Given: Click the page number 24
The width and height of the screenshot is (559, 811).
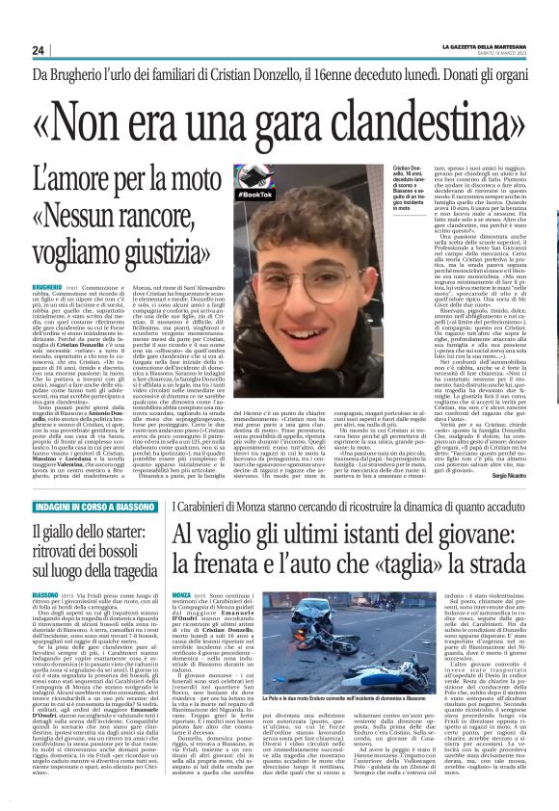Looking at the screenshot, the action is pos(39,50).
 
